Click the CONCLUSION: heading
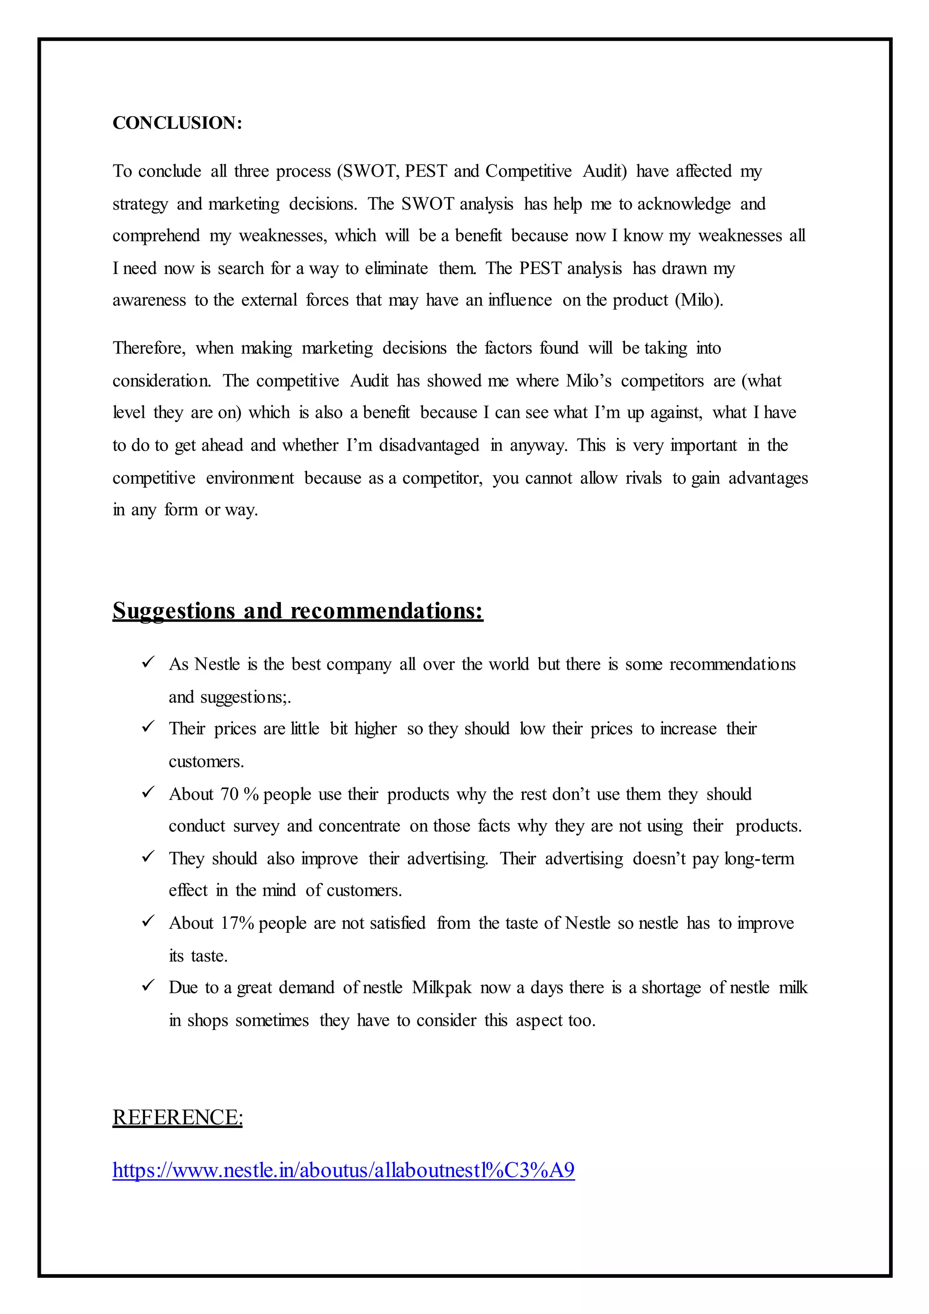click(x=177, y=123)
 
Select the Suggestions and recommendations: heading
click(x=298, y=611)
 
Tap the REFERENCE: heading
click(x=177, y=1118)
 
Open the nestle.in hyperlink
click(x=343, y=1170)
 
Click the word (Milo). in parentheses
click(x=699, y=300)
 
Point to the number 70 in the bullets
click(x=230, y=794)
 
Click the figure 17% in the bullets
click(x=237, y=923)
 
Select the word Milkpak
click(x=442, y=988)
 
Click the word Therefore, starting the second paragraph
click(x=149, y=348)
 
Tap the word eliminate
click(x=396, y=269)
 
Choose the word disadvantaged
click(x=429, y=445)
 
